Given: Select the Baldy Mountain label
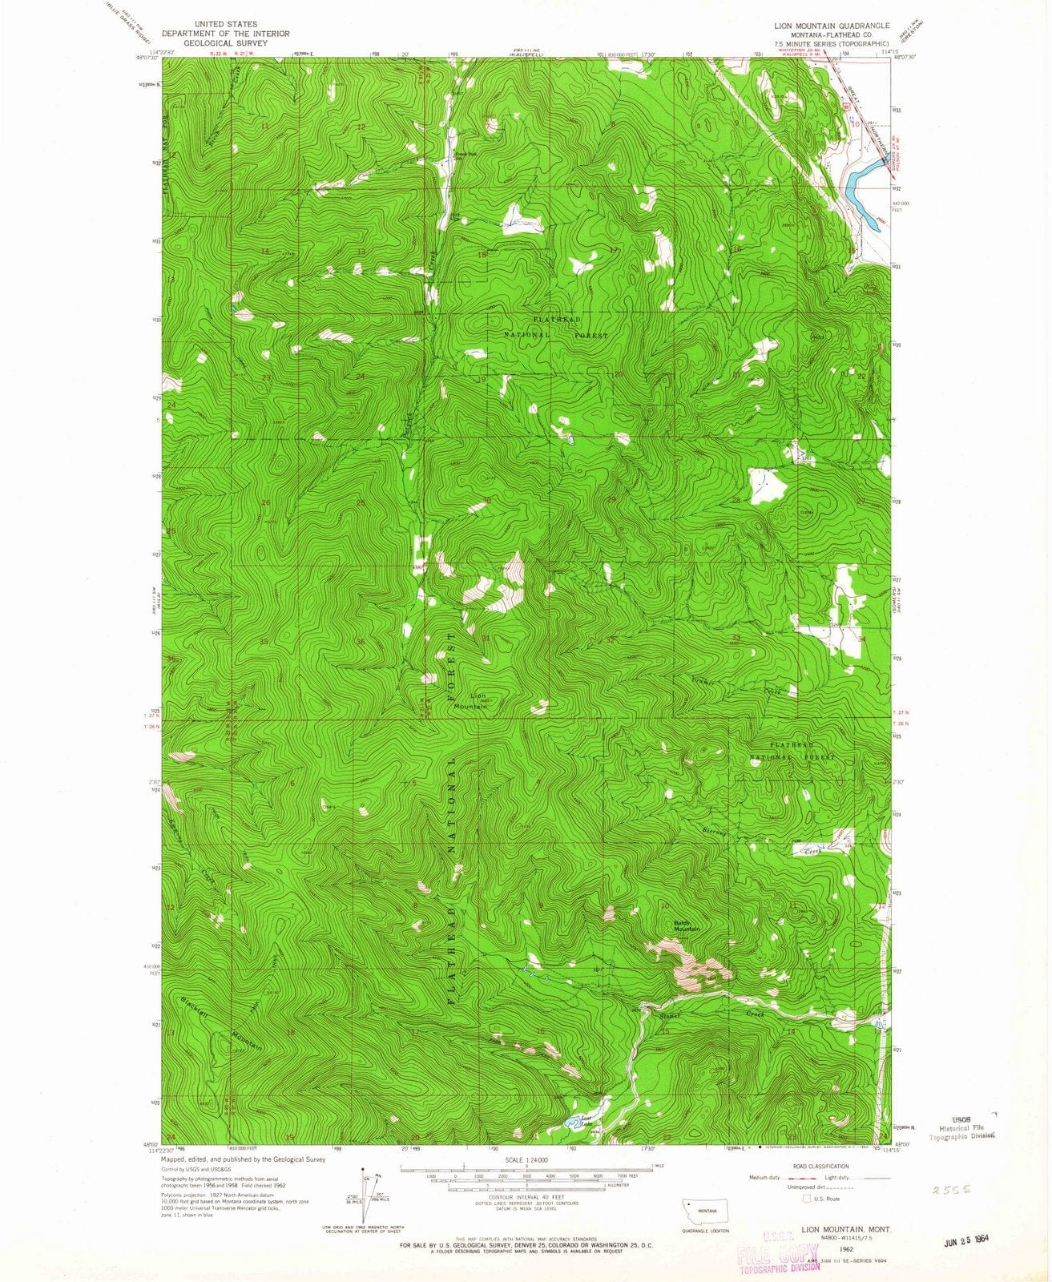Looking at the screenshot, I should click(x=686, y=925).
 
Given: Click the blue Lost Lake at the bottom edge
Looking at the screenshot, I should click(x=574, y=1123).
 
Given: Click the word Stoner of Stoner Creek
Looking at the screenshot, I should click(x=670, y=1016).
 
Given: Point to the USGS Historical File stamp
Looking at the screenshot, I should click(x=961, y=1127).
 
